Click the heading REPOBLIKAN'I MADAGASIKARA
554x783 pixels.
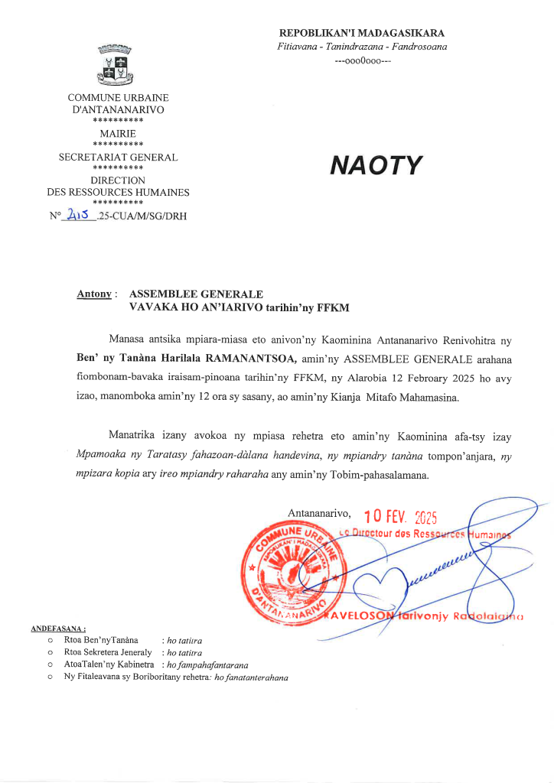362,33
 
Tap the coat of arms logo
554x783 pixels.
118,65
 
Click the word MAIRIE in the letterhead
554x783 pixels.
118,133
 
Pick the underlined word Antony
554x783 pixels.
95,294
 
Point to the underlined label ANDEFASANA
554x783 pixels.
58,629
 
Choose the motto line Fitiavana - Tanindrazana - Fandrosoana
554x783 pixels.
362,47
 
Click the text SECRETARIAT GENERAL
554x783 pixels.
118,158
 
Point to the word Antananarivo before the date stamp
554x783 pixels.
320,513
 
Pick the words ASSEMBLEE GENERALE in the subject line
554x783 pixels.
197,294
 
